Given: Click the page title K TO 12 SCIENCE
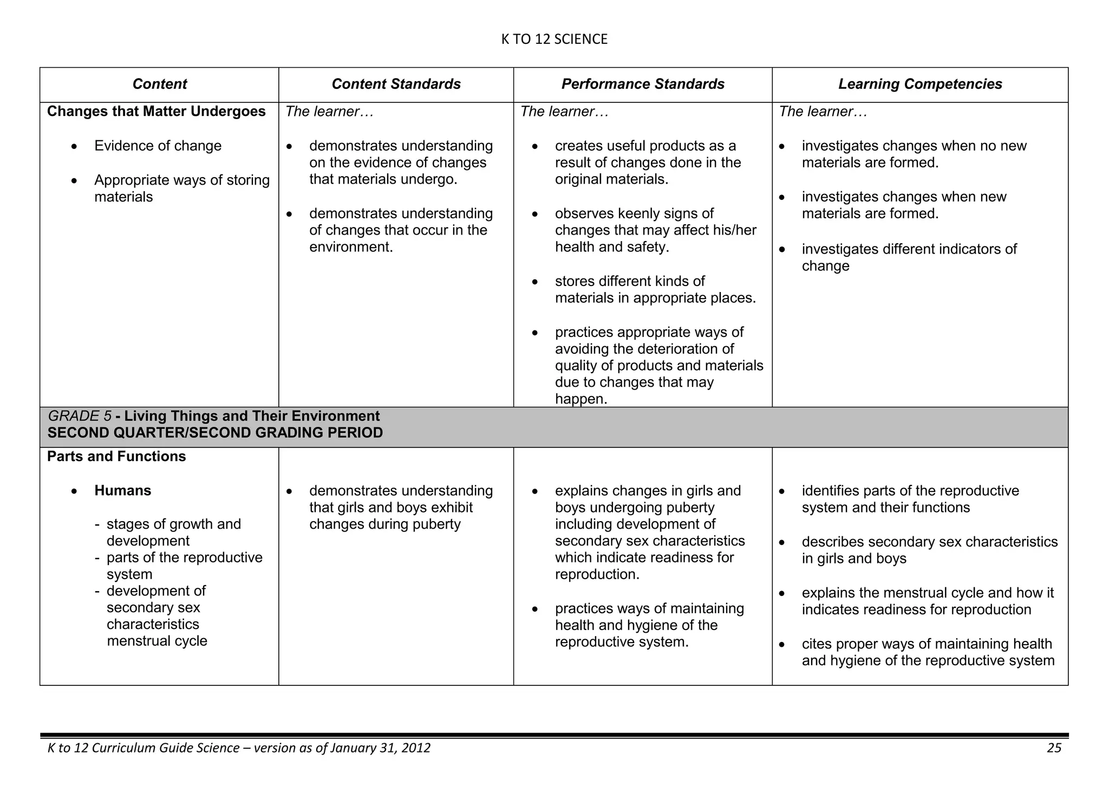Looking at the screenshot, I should click(x=554, y=40).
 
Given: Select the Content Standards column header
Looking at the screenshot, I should click(x=396, y=84).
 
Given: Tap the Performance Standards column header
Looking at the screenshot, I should click(x=642, y=84).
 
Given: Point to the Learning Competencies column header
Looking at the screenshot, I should click(x=919, y=84).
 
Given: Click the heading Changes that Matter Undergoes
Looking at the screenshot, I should click(x=156, y=112).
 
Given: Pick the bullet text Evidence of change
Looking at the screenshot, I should click(x=158, y=146).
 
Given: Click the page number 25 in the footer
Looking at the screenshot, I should click(x=1054, y=748).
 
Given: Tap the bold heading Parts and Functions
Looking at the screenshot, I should click(x=116, y=457).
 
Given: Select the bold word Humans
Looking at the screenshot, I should click(x=122, y=491).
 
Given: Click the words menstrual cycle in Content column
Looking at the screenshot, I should click(x=157, y=641).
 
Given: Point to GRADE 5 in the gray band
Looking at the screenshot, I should click(x=80, y=416).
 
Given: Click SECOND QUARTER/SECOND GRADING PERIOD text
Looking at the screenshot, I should click(x=215, y=433).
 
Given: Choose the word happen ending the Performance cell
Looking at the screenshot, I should click(x=580, y=400).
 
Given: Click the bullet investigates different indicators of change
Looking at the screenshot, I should click(x=909, y=257).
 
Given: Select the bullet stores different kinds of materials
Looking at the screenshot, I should click(x=655, y=289).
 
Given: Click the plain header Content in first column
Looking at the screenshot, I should click(x=159, y=84).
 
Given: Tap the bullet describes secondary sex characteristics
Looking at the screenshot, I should click(x=929, y=550).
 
